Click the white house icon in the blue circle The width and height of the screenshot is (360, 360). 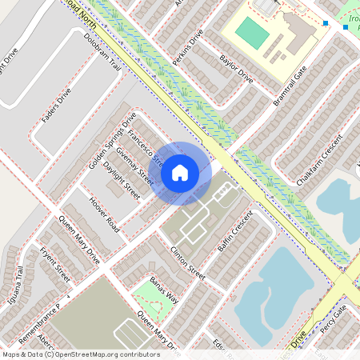(180, 172)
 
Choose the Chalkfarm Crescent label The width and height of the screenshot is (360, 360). (319, 159)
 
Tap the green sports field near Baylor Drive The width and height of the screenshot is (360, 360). (253, 33)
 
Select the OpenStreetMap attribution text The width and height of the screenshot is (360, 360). (80, 354)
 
